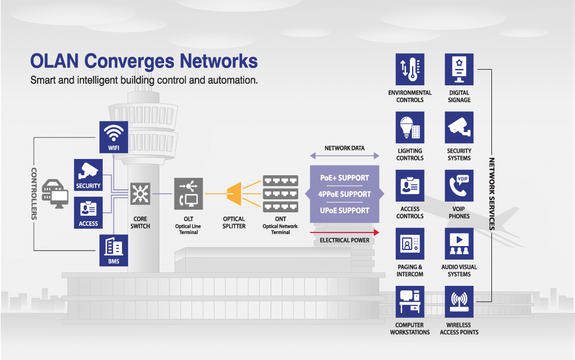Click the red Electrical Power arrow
(x=344, y=231)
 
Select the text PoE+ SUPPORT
(x=344, y=178)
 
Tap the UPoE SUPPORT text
(x=344, y=211)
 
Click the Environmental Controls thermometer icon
(x=410, y=69)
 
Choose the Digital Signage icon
(x=459, y=69)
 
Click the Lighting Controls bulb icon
(x=410, y=127)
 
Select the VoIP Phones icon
(x=459, y=185)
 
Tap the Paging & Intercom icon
(x=410, y=243)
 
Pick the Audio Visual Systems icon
(x=459, y=243)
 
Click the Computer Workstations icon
(x=410, y=301)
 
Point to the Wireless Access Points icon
(x=459, y=301)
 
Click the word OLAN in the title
(x=52, y=61)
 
